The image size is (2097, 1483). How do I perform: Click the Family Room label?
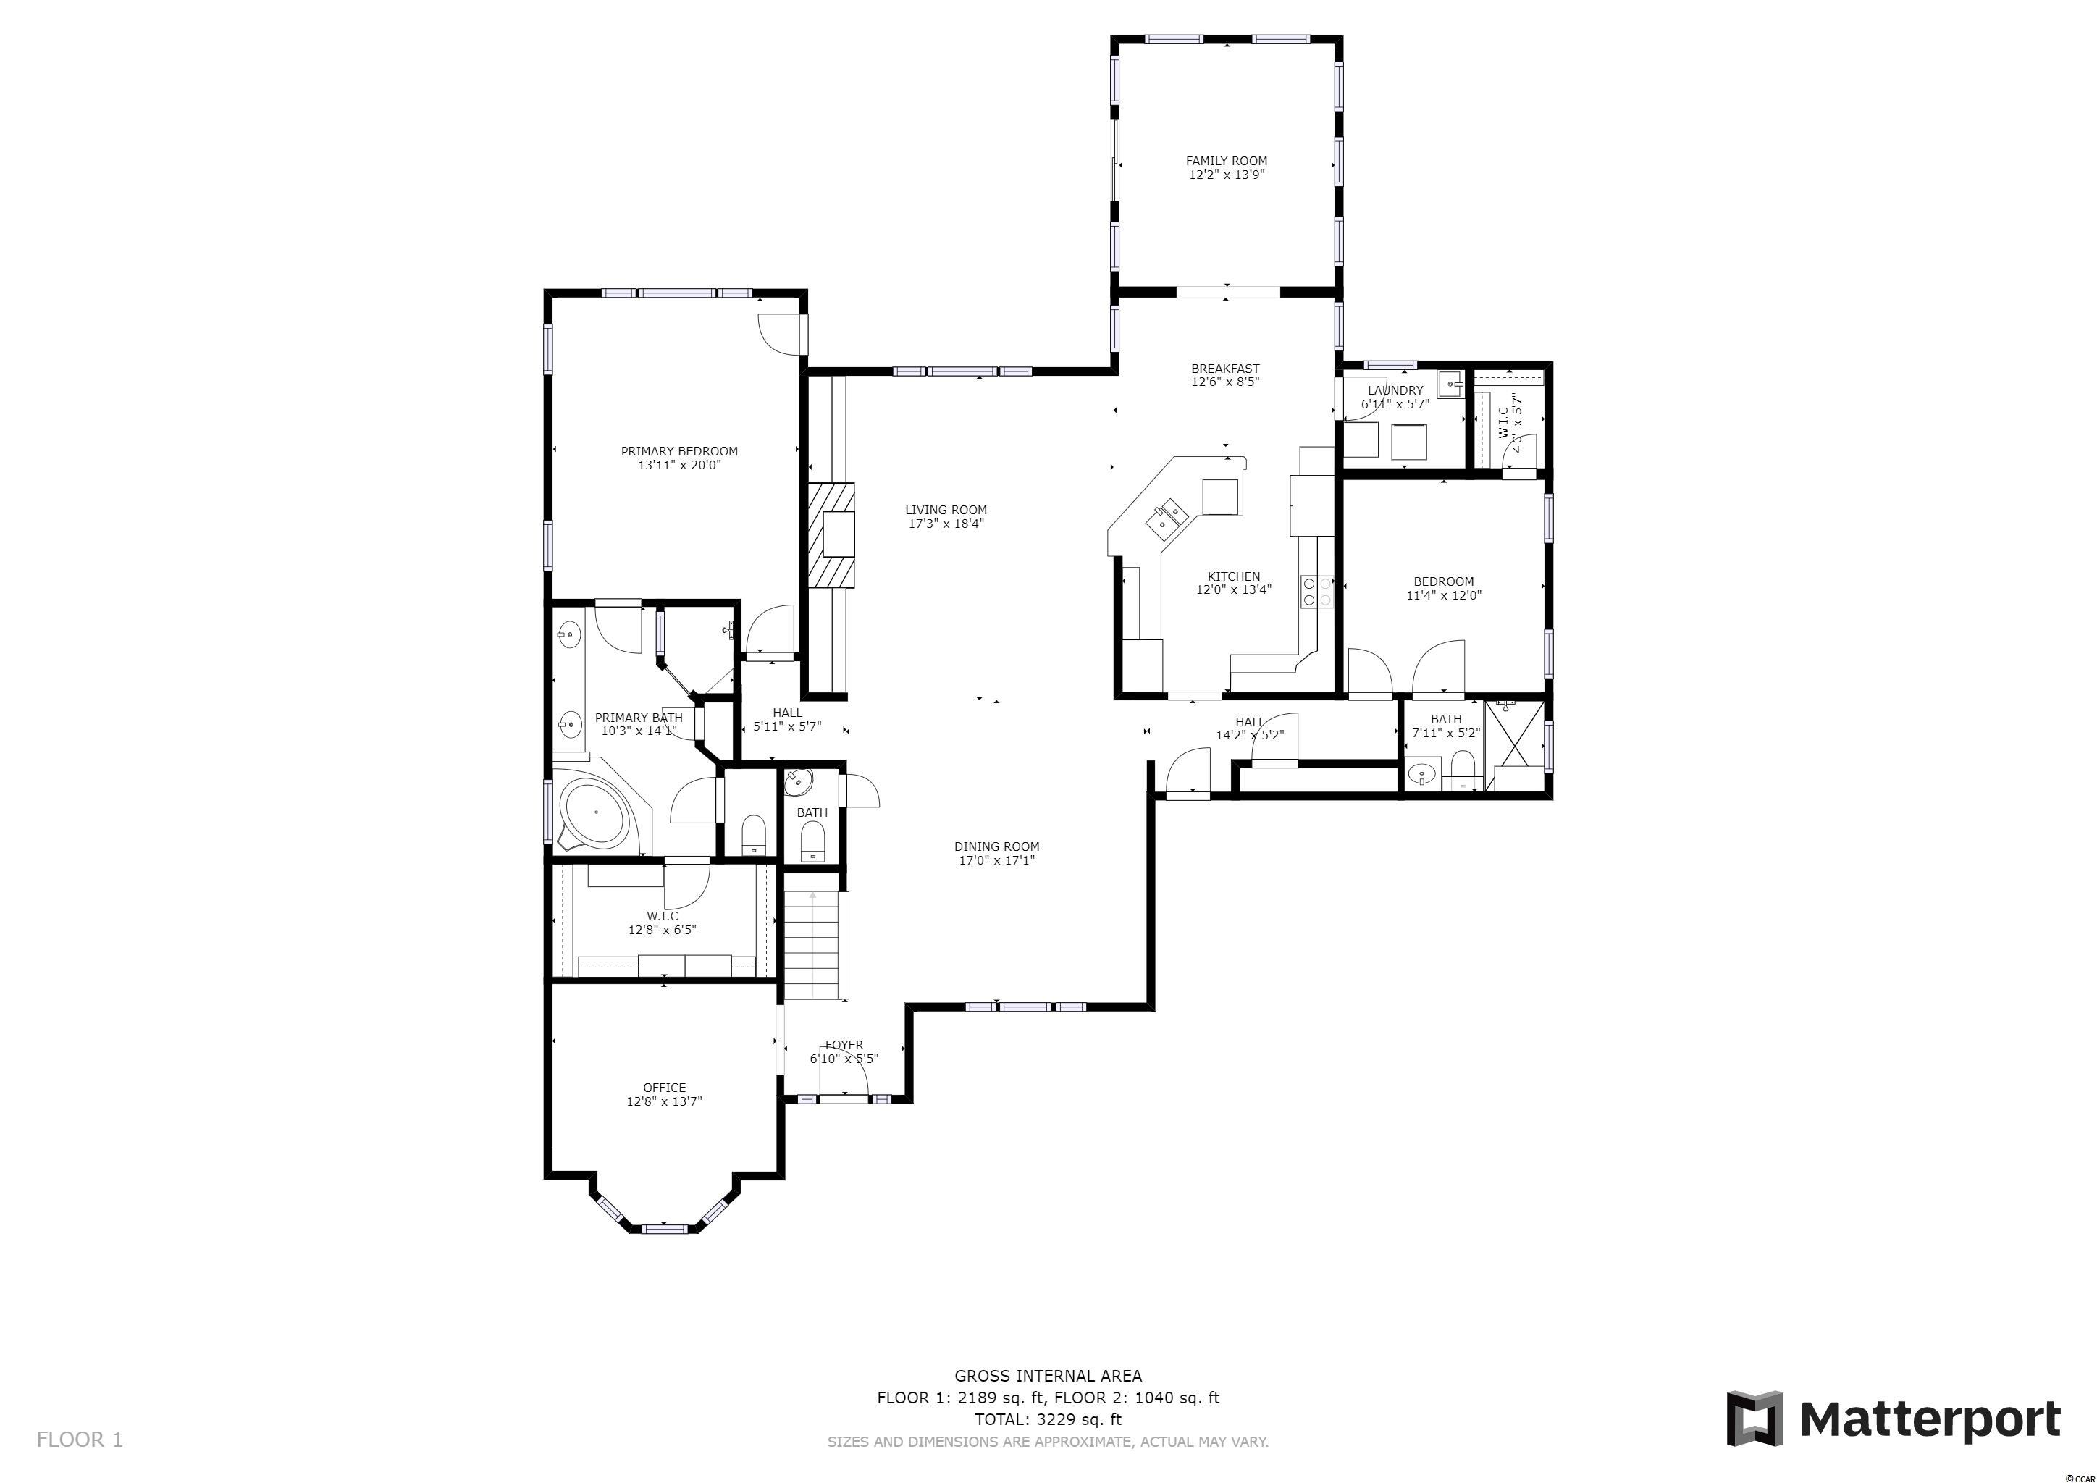pos(1227,161)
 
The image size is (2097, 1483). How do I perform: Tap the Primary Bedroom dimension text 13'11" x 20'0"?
pos(679,465)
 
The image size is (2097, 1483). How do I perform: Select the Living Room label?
pos(946,511)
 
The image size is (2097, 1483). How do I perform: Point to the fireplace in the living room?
pos(831,534)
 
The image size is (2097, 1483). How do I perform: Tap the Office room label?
pos(664,1088)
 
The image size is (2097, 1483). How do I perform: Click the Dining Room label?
pos(996,846)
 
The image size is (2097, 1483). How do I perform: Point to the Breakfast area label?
pos(1226,369)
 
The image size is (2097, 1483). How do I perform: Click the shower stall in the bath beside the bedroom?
pos(1516,745)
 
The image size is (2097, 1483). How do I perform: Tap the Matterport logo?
pos(1894,1418)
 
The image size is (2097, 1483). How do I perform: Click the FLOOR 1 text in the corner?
pos(80,1440)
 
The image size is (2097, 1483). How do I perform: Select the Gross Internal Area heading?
pos(1048,1376)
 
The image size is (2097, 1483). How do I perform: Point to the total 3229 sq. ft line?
pos(1048,1420)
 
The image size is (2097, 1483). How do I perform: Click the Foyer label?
pos(844,1046)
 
